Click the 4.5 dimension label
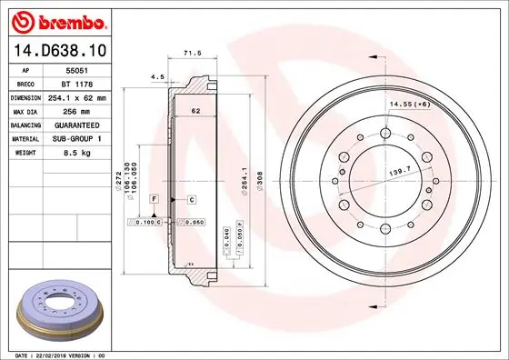156,78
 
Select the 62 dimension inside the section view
195,111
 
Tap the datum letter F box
155,197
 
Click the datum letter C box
192,197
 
